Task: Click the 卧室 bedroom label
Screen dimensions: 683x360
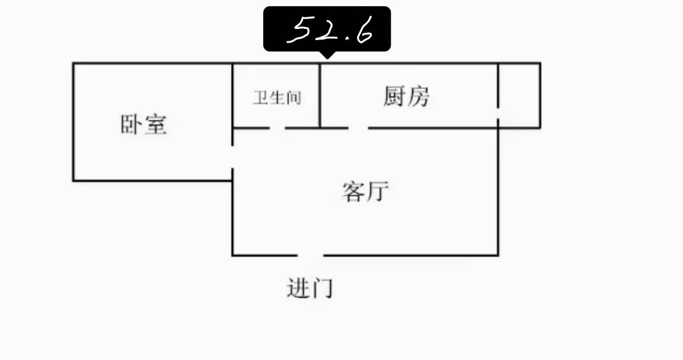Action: (144, 125)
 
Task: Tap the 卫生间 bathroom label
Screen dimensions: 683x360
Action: (277, 97)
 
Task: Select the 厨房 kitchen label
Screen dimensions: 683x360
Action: (406, 96)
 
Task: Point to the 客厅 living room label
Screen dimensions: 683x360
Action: (365, 192)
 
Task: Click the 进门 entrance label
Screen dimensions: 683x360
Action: (309, 288)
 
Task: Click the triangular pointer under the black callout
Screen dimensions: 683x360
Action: (327, 55)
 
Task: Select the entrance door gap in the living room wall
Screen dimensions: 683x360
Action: (311, 255)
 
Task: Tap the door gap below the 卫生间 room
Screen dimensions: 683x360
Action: (277, 128)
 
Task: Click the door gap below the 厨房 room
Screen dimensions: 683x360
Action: (359, 128)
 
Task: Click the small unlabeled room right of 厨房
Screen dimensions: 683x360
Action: (520, 96)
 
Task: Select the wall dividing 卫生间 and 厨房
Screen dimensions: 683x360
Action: (320, 96)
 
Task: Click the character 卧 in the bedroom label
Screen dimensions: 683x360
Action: (131, 125)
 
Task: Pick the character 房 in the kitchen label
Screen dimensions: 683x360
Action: (419, 96)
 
